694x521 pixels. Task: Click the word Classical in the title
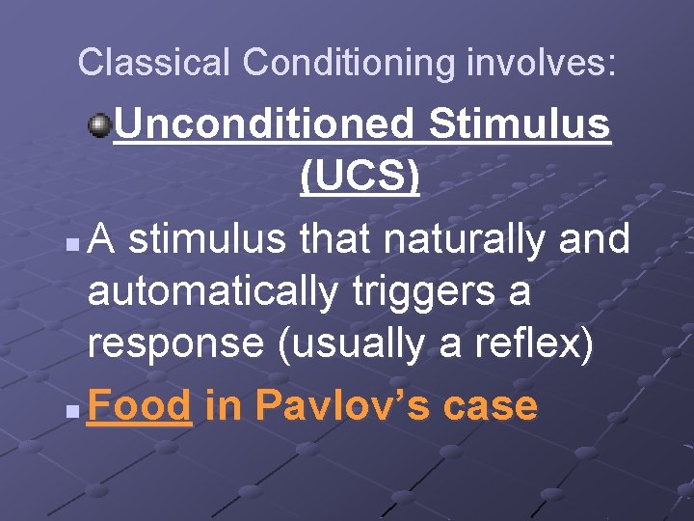[154, 63]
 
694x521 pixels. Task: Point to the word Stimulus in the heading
[520, 124]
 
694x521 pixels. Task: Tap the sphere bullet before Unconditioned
[99, 124]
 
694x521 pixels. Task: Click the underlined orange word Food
[140, 406]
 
